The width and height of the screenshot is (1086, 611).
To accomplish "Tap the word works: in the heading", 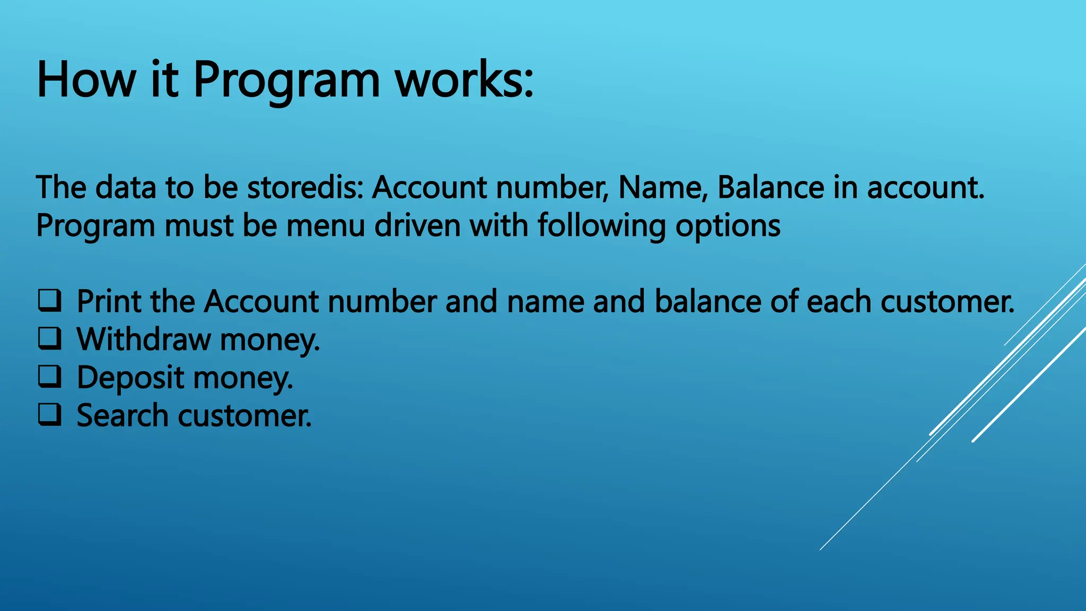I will [465, 80].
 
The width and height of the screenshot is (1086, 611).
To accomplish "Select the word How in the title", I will [86, 80].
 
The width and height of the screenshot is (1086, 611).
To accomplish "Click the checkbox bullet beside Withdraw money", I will [50, 338].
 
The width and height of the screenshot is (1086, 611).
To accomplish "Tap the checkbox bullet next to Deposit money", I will [50, 377].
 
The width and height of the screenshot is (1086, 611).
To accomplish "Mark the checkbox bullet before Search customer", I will [50, 415].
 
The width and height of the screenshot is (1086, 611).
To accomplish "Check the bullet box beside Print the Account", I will [50, 300].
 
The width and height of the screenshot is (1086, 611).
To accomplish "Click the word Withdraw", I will [143, 339].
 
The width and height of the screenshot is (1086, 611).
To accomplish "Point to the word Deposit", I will [130, 378].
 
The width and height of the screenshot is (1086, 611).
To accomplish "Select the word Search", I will [122, 415].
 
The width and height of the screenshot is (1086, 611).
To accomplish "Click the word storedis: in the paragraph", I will [305, 187].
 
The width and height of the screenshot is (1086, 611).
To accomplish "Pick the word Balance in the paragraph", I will [770, 187].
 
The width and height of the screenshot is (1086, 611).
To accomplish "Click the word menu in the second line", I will [326, 225].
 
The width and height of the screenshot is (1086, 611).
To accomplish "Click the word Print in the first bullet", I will [109, 301].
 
